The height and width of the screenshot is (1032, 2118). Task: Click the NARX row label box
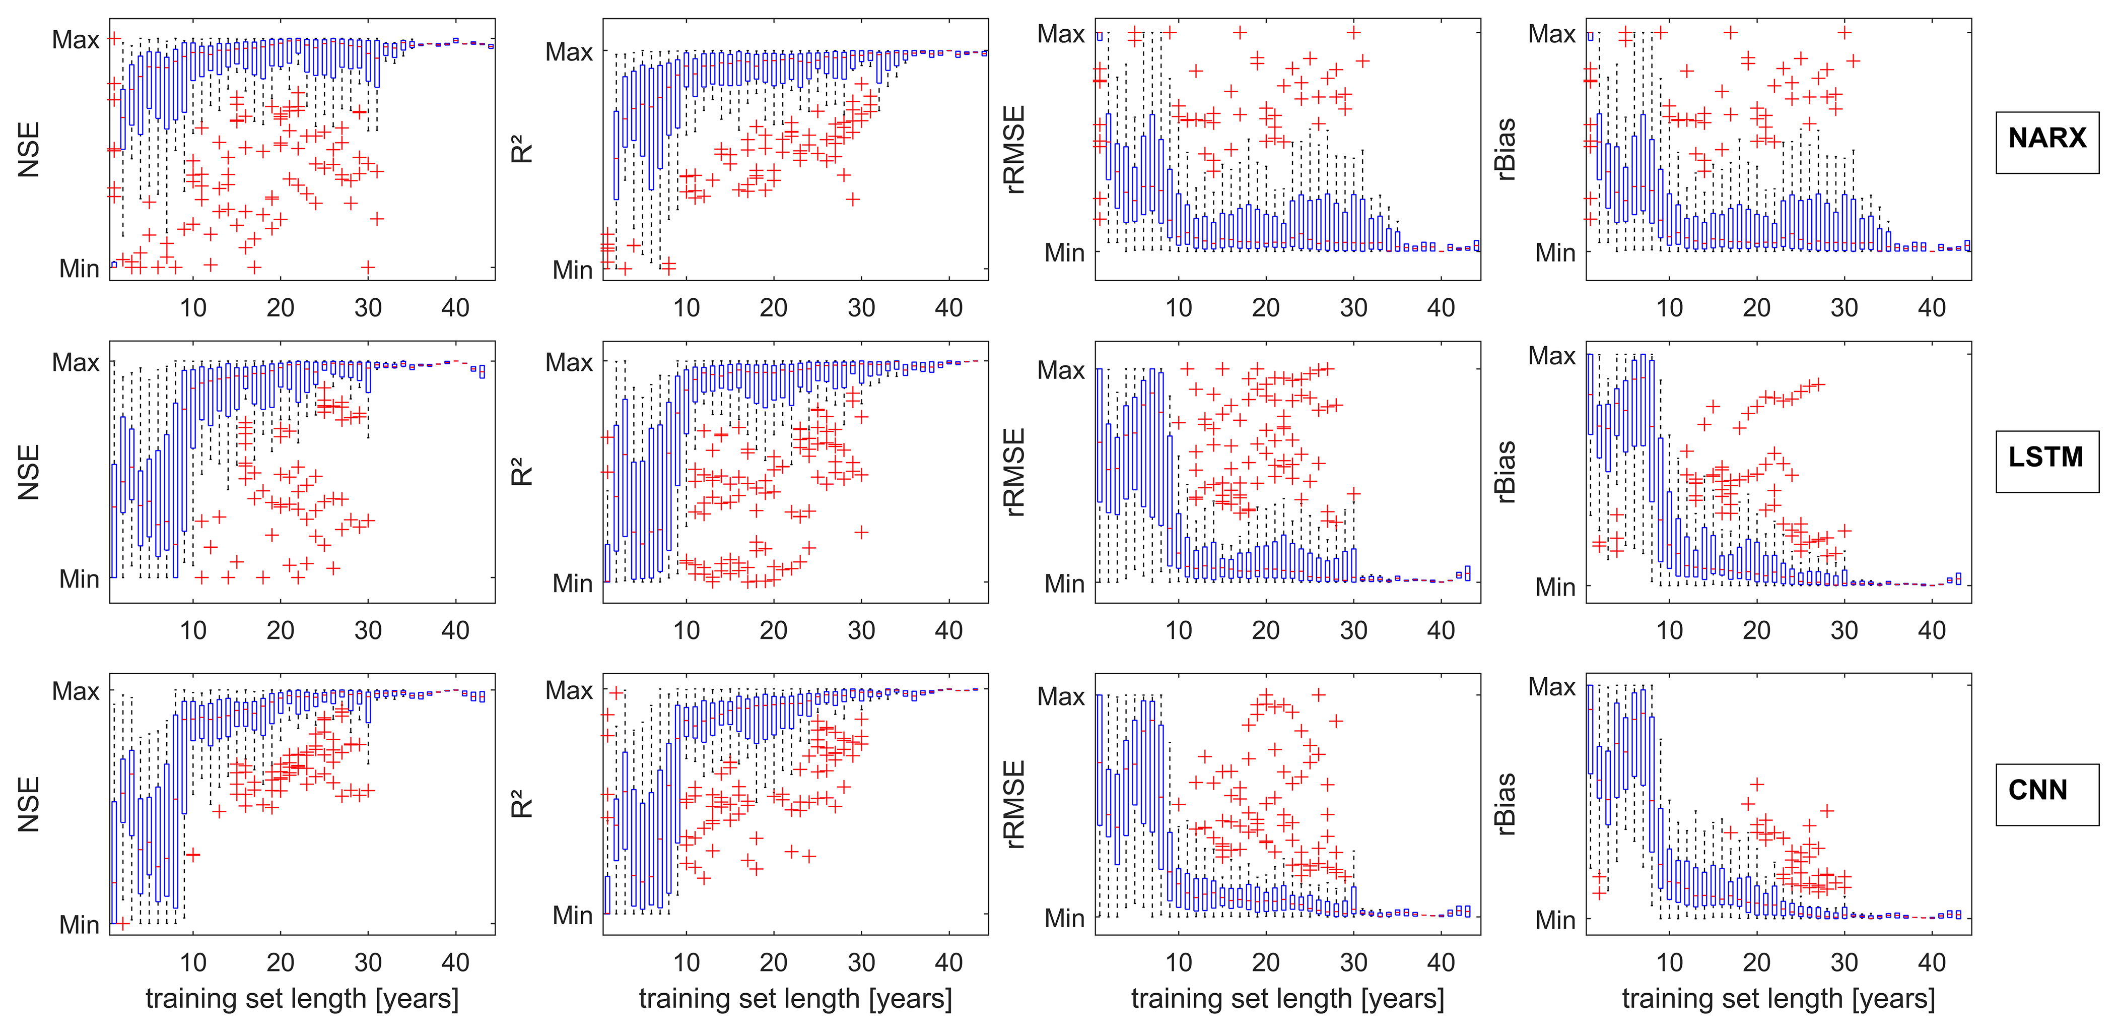pyautogui.click(x=2046, y=138)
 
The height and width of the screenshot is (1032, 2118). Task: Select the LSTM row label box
pyautogui.click(x=2046, y=457)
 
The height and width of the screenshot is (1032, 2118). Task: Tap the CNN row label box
pyautogui.click(x=2046, y=790)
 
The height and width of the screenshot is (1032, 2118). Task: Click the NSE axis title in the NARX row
pyautogui.click(x=29, y=150)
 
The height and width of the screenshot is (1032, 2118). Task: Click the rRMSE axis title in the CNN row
pyautogui.click(x=1015, y=804)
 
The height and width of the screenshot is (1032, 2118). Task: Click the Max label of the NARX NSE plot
pyautogui.click(x=75, y=39)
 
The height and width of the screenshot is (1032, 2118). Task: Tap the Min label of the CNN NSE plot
pyautogui.click(x=79, y=924)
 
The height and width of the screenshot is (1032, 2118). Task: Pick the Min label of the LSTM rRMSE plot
pyautogui.click(x=1065, y=584)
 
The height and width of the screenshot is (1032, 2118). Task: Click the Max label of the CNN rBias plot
pyautogui.click(x=1551, y=687)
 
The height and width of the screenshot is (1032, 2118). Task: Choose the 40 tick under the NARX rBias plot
pyautogui.click(x=1931, y=307)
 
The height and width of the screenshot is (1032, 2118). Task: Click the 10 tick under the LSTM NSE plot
pyautogui.click(x=193, y=631)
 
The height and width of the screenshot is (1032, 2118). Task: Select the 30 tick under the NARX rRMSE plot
pyautogui.click(x=1353, y=307)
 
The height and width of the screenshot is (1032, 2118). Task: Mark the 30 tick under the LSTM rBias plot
pyautogui.click(x=1844, y=631)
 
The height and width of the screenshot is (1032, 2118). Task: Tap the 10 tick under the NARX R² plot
pyautogui.click(x=687, y=307)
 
